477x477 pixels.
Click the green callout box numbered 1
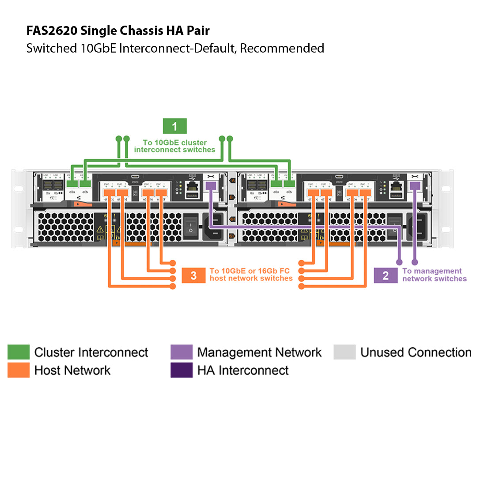click(174, 126)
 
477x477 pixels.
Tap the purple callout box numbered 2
click(386, 276)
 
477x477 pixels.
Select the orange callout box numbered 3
click(193, 276)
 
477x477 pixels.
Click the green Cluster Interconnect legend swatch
click(19, 352)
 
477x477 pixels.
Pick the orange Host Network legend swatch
click(19, 370)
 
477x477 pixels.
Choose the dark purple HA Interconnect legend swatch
click(182, 370)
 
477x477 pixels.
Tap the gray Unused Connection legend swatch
click(344, 352)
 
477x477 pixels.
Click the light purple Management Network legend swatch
click(182, 352)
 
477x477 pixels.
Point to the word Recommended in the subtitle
click(282, 48)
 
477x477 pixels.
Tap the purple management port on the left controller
click(211, 186)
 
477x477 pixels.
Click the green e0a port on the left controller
click(72, 183)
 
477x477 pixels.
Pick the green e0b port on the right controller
click(289, 183)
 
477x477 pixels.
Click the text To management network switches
click(434, 275)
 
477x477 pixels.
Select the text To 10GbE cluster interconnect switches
click(174, 146)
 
